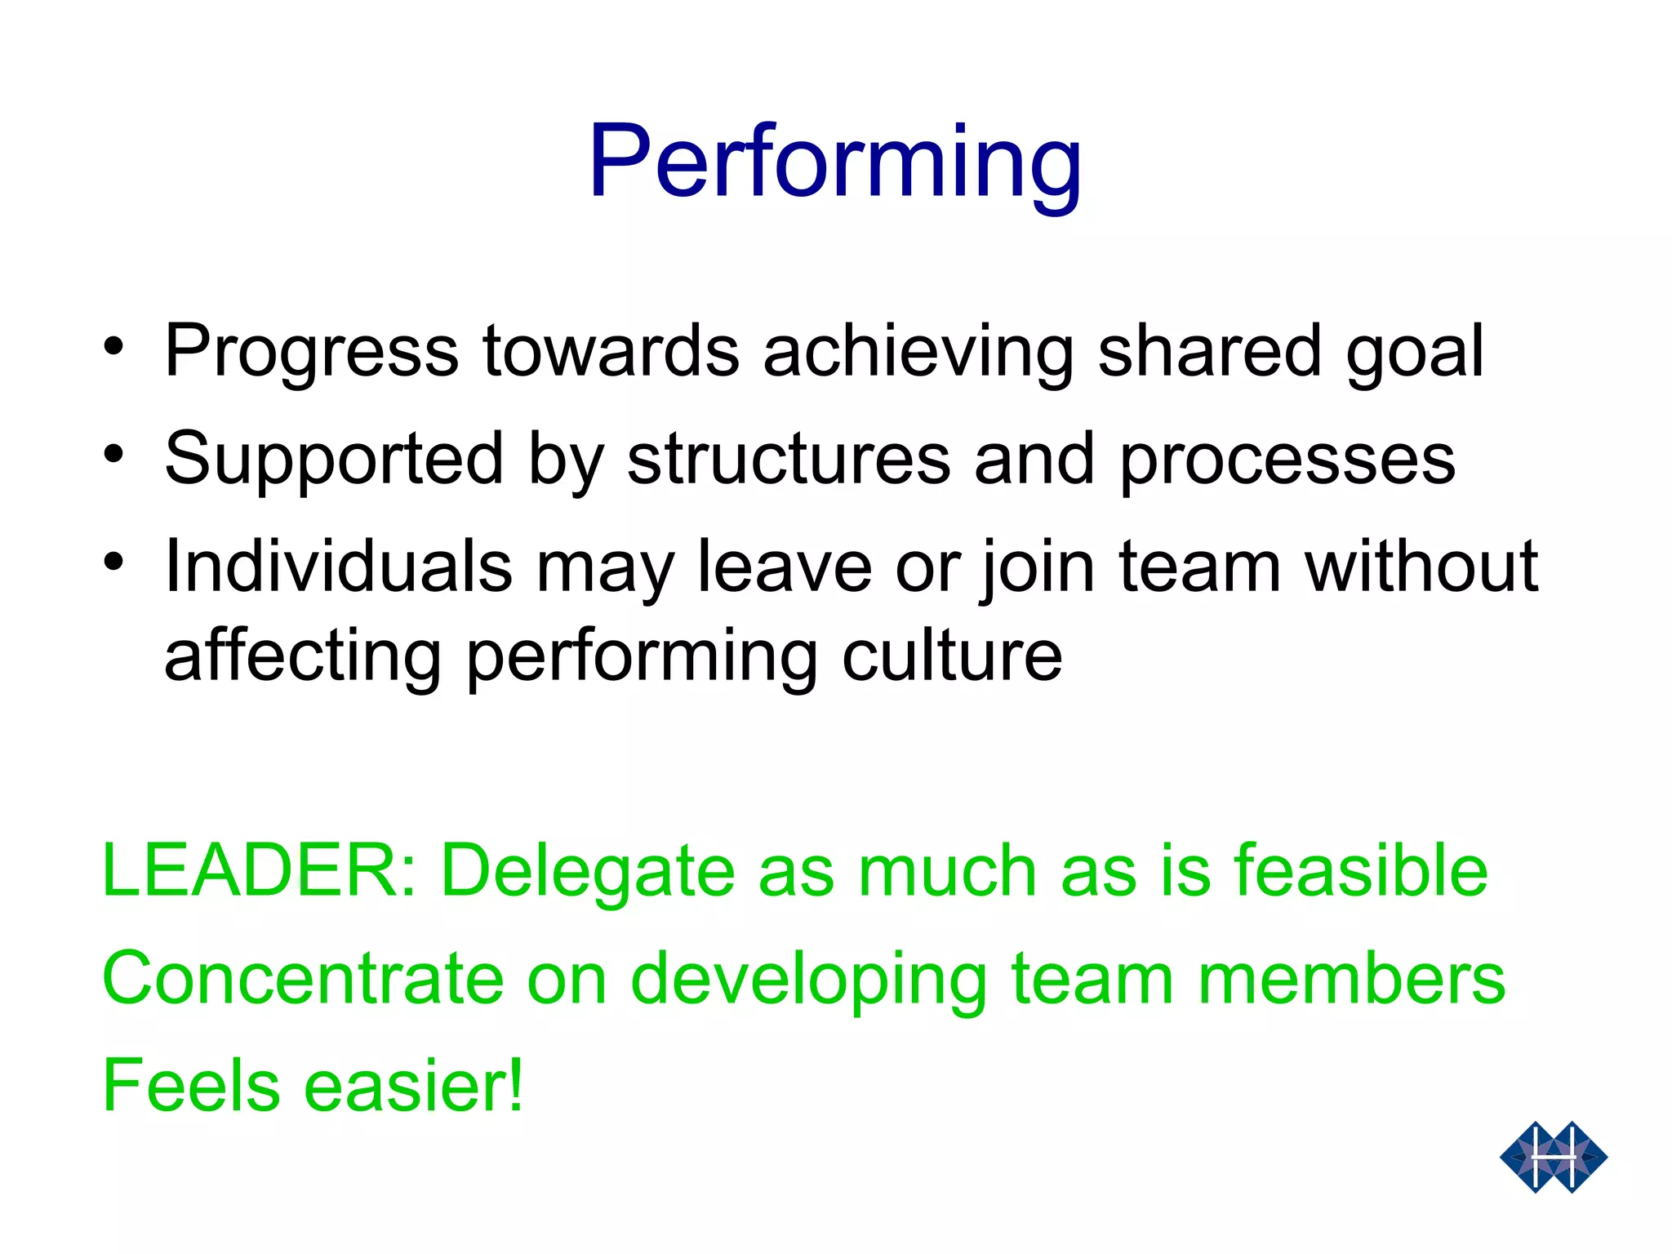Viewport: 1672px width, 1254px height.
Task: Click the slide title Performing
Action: pos(834,162)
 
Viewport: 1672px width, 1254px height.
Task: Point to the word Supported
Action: pos(334,460)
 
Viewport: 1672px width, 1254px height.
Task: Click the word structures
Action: pos(789,460)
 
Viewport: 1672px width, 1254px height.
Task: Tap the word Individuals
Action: pos(338,566)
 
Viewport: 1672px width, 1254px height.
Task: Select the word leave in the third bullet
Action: pos(785,566)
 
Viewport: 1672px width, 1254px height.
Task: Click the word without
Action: pos(1421,566)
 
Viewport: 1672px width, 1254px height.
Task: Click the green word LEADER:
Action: pos(260,870)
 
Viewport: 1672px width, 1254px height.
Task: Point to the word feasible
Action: pos(1361,870)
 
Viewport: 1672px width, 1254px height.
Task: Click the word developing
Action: pos(809,980)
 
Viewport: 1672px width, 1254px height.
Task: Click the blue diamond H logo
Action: pos(1553,1157)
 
